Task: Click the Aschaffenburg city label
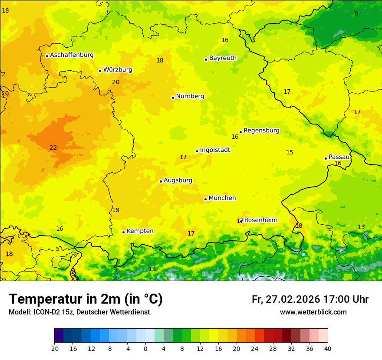(x=72, y=55)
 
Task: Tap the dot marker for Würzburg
(x=100, y=71)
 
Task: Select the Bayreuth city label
(x=223, y=58)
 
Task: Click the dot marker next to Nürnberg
(x=173, y=98)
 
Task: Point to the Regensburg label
(x=261, y=131)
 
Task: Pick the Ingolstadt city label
(x=215, y=150)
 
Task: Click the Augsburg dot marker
(x=161, y=181)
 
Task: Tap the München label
(x=222, y=198)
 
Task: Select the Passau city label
(x=339, y=157)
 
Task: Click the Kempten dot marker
(x=123, y=232)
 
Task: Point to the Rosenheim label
(x=260, y=220)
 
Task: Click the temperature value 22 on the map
(x=53, y=148)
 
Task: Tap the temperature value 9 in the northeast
(x=356, y=13)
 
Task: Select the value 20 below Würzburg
(x=115, y=82)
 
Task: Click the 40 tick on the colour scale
(x=328, y=348)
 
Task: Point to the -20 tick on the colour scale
(x=54, y=348)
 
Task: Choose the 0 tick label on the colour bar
(x=145, y=348)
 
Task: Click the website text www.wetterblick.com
(x=313, y=312)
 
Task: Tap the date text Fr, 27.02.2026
(x=286, y=299)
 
